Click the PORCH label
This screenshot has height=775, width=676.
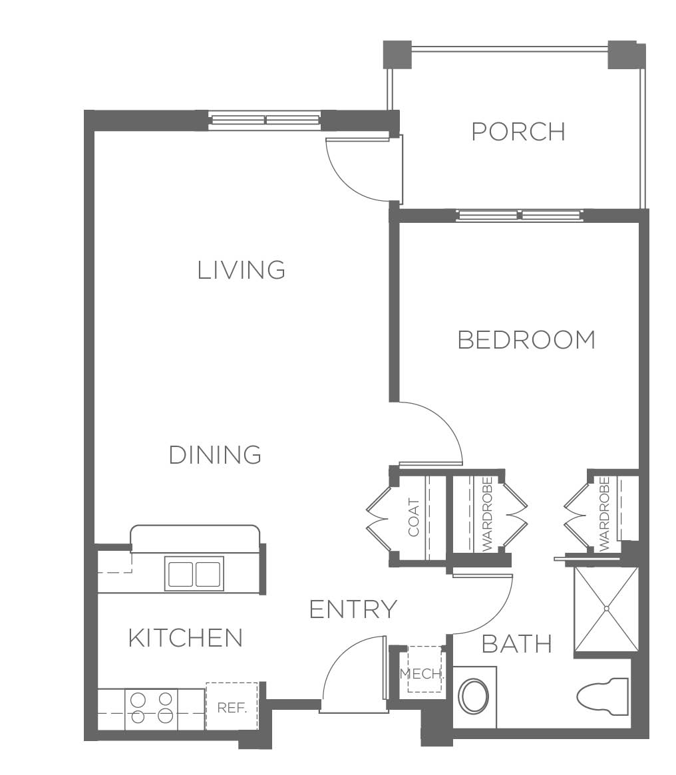(518, 132)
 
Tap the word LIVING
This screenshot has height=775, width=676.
(242, 270)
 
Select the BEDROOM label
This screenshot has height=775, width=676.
(527, 340)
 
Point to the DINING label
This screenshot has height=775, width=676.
(215, 455)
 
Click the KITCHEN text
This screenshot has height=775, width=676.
(186, 637)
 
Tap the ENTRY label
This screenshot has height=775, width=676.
(353, 609)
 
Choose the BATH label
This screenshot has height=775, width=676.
(517, 643)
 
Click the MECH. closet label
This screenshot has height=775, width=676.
(421, 673)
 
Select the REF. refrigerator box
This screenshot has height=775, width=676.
(232, 706)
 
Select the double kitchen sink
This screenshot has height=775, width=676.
(194, 573)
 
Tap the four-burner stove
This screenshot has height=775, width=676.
(151, 709)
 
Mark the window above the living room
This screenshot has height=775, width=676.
(264, 120)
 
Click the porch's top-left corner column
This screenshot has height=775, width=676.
(397, 55)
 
